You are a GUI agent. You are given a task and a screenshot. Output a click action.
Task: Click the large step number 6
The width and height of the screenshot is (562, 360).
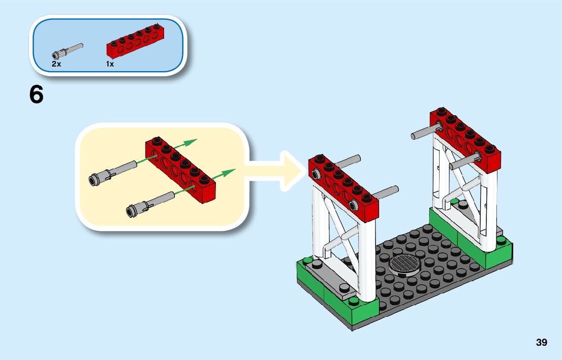tap(37, 95)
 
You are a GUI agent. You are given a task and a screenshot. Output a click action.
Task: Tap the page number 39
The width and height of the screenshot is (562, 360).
tap(541, 342)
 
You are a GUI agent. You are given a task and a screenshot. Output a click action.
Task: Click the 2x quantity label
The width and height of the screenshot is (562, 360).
tap(56, 64)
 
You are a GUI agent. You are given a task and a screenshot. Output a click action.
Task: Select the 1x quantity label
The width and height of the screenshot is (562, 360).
tap(110, 64)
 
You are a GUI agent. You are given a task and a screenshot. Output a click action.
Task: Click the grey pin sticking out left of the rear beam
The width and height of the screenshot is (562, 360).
tap(421, 134)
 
